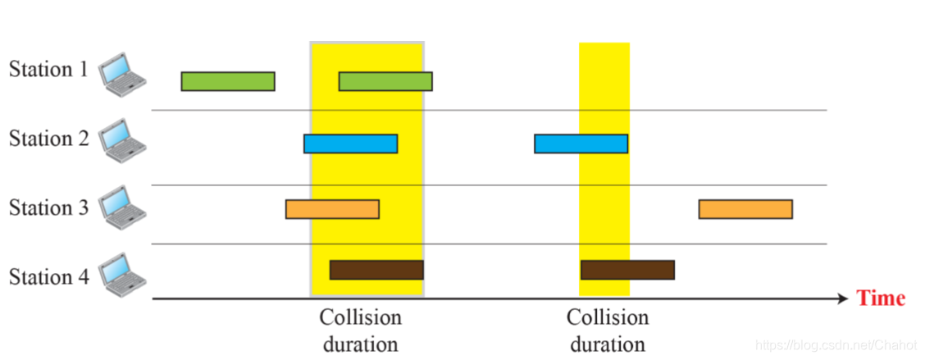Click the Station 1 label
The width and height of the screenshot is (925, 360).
48,70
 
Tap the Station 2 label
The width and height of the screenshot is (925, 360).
48,139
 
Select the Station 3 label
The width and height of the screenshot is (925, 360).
48,207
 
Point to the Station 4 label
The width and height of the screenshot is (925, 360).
48,277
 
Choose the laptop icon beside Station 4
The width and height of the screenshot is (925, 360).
121,276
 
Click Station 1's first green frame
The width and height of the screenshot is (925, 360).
228,81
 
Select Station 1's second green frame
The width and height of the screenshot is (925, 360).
385,81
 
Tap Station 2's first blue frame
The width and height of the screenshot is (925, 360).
350,144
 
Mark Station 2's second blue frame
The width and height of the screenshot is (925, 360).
581,144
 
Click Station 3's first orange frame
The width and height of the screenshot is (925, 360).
332,209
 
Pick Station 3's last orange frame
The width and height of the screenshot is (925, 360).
745,209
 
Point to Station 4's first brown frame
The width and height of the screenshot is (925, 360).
376,270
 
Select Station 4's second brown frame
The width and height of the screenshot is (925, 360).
627,270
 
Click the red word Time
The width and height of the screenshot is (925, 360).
881,298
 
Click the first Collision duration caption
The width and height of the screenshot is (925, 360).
361,330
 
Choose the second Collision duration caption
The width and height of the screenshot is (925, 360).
608,330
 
